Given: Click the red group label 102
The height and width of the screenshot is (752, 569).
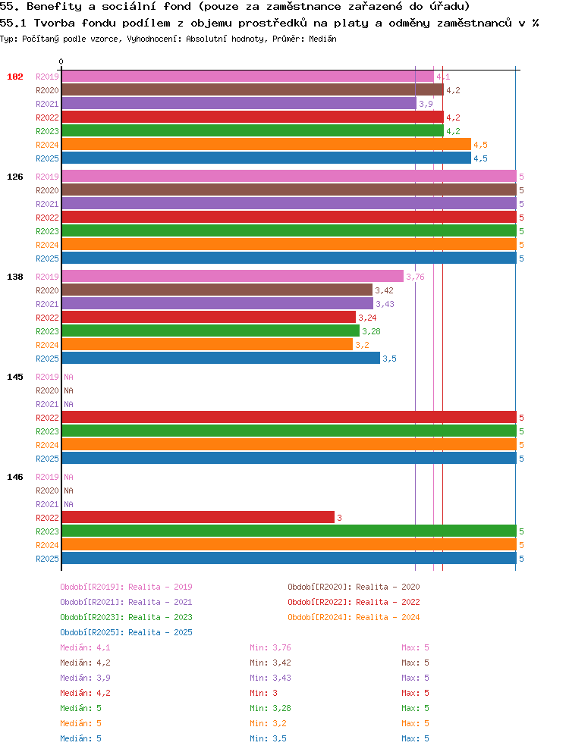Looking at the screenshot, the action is point(15,77).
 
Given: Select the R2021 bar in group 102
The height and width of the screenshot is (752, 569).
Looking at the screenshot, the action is point(239,104).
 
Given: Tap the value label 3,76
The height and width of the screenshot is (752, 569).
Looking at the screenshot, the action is point(415,277).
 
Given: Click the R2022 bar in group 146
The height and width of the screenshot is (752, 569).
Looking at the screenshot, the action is point(198,518).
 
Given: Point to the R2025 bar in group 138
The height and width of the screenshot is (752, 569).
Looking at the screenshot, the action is point(221,359).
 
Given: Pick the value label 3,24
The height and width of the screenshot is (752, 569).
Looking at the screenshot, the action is point(367,318).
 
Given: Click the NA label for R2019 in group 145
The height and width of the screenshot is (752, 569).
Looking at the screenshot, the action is point(69,377).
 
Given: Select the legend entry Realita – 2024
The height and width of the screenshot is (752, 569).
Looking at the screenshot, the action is point(354,617).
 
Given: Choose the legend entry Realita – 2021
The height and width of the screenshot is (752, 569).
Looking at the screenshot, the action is point(126,602).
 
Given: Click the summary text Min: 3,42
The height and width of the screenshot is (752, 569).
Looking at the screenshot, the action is point(270,663).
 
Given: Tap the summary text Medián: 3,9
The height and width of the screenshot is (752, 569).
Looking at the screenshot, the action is point(85,678).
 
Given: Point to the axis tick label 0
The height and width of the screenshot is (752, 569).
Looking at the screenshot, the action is point(61,62).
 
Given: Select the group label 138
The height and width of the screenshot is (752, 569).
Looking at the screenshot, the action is point(15,277).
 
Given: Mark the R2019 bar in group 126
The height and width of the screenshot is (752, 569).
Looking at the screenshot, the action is point(289,177).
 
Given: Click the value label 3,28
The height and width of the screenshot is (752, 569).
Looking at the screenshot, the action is point(371,331).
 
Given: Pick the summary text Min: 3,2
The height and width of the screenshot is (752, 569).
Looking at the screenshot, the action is point(268,724).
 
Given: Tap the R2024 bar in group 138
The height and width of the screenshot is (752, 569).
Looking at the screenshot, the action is point(207,345).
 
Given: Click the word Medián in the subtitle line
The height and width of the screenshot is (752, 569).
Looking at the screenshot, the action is point(322,39).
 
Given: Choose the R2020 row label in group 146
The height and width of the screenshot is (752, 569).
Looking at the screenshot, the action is point(47,490).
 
